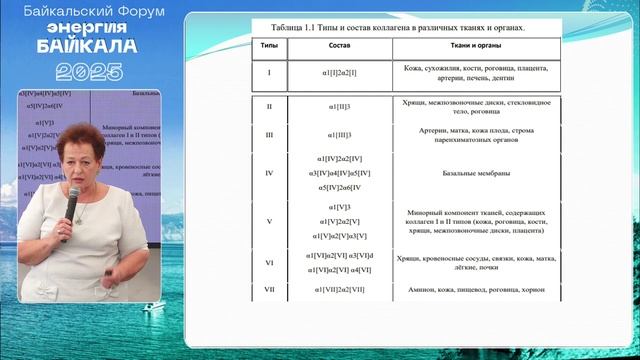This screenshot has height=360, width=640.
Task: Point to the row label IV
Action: (269, 173)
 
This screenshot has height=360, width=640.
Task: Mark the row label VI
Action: (269, 262)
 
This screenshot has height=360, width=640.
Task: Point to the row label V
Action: (269, 220)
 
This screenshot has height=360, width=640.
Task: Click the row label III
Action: (269, 135)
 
